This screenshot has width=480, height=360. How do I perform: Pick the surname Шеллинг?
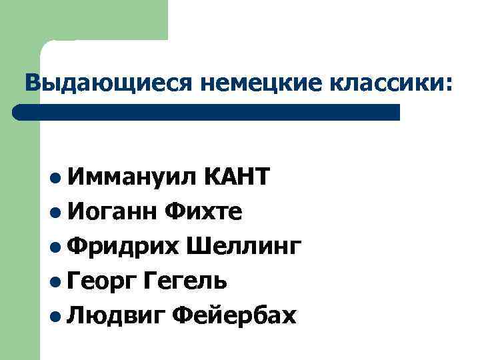[244, 247]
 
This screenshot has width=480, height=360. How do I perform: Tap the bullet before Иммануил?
[54, 178]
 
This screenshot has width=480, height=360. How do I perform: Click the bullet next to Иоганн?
[54, 213]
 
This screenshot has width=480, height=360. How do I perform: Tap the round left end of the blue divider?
[19, 112]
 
